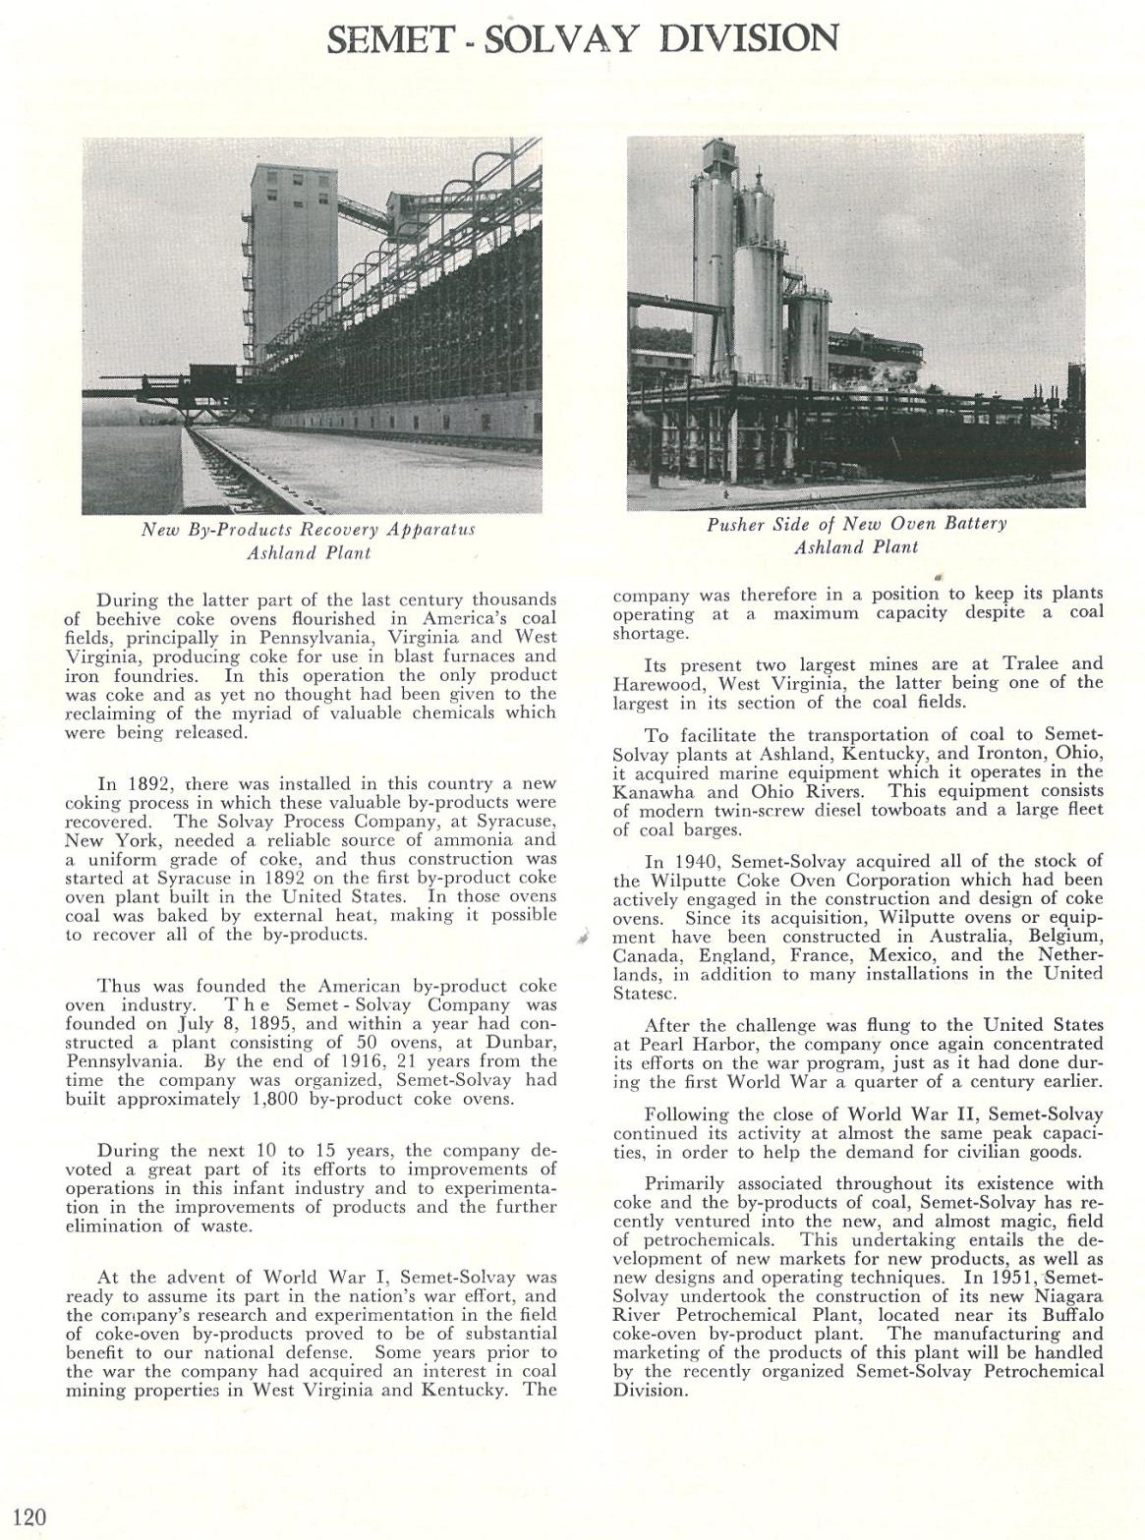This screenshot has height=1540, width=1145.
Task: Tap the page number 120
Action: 29,1515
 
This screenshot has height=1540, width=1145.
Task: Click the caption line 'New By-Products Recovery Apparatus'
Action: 309,530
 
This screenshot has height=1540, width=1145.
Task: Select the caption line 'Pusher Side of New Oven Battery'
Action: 857,524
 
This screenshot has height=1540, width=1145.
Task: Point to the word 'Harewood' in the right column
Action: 655,683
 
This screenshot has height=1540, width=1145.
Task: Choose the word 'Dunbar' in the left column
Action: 525,1043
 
